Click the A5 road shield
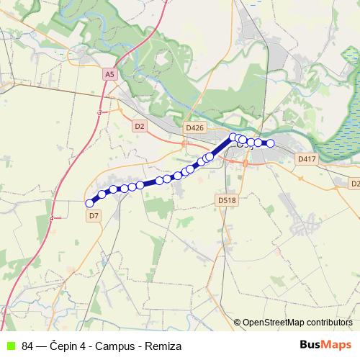[x=109, y=73]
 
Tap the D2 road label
[x=140, y=126]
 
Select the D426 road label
[x=194, y=127]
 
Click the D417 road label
[x=306, y=158]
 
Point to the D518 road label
[x=226, y=200]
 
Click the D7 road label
[x=94, y=215]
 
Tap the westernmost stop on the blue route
[x=90, y=203]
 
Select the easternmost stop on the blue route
[x=271, y=143]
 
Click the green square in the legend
[x=9, y=346]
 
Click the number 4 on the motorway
[x=52, y=217]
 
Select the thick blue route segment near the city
[x=221, y=147]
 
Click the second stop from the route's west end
[x=102, y=194]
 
